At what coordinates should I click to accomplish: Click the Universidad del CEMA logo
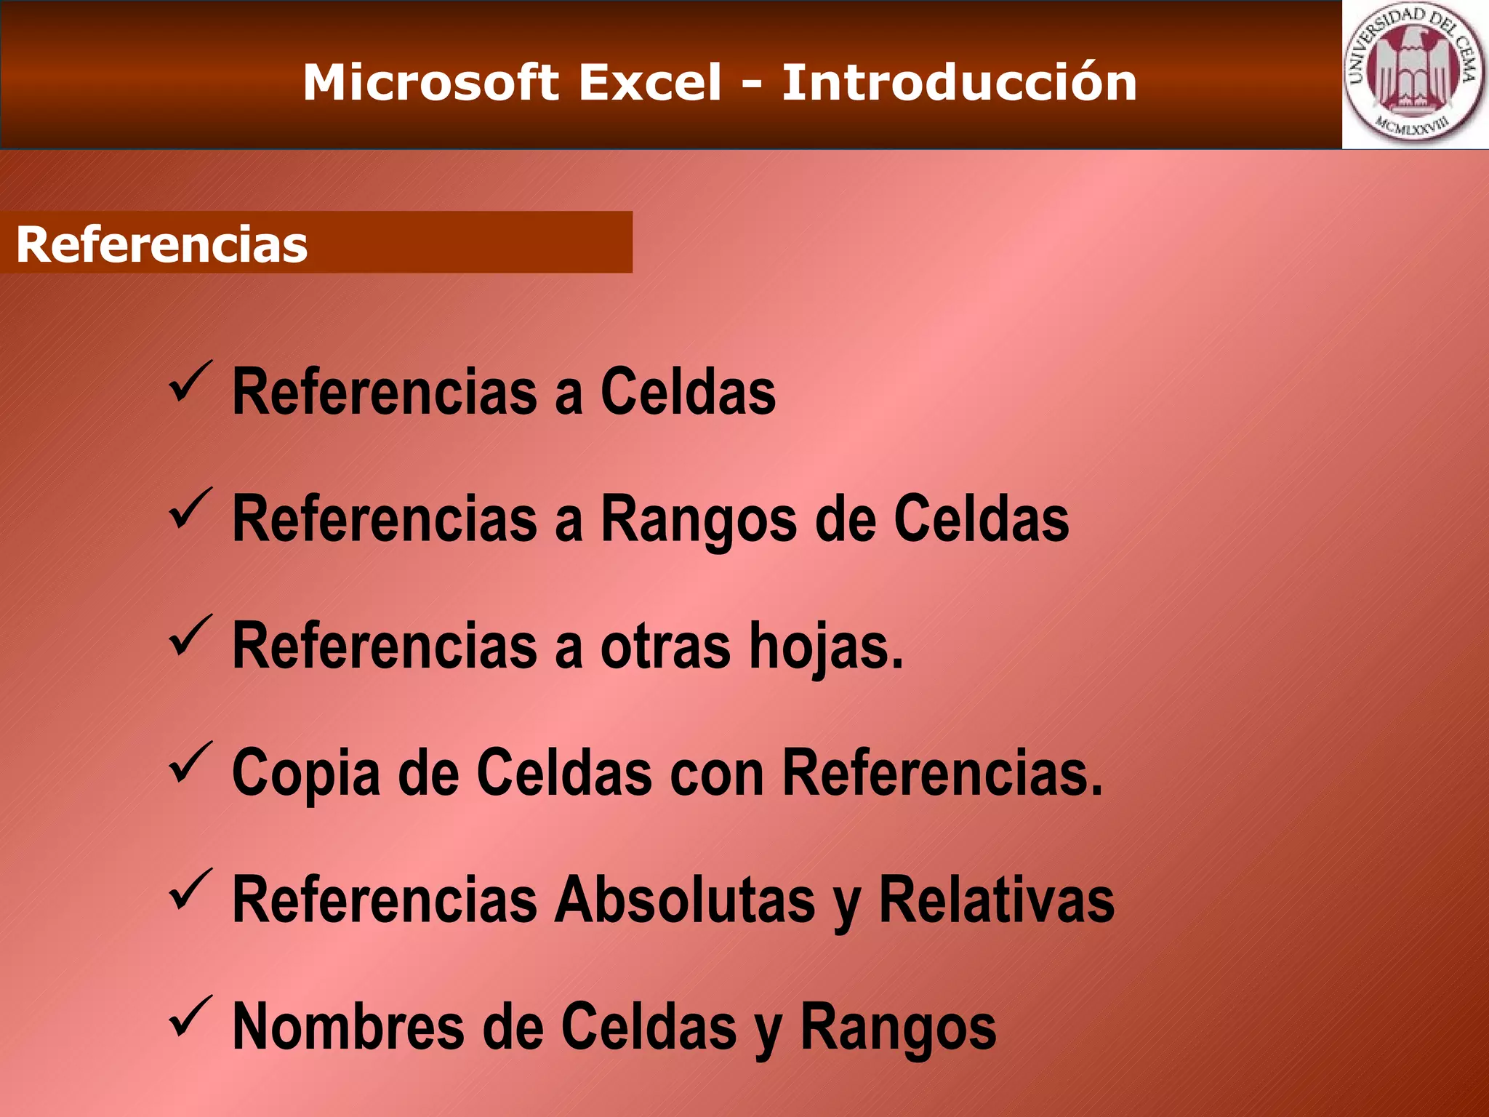[x=1414, y=74]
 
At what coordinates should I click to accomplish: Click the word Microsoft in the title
[x=430, y=82]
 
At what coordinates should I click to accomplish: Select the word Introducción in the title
[x=959, y=82]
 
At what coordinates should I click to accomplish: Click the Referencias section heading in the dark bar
[x=161, y=244]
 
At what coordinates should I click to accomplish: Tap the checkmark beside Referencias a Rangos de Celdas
[x=190, y=508]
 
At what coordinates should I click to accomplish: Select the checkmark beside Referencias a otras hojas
[x=190, y=635]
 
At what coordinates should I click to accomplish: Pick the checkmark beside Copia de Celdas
[x=190, y=762]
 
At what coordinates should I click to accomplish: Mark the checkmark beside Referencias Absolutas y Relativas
[x=190, y=889]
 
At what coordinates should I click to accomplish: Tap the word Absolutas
[x=684, y=901]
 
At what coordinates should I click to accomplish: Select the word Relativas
[x=996, y=901]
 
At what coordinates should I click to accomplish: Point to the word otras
[x=665, y=647]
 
